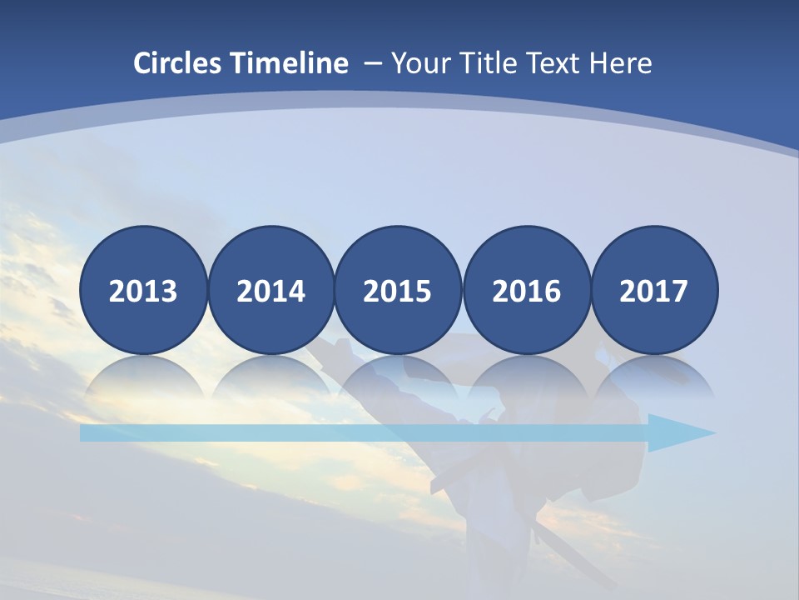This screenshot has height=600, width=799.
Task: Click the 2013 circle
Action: pos(143,291)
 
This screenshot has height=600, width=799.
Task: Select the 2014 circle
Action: pos(270,291)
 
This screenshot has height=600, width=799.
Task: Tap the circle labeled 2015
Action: pos(398,291)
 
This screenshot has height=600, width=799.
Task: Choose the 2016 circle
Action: pos(527,291)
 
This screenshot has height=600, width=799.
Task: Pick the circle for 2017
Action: pos(654,291)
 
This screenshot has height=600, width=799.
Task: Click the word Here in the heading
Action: pos(621,63)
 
